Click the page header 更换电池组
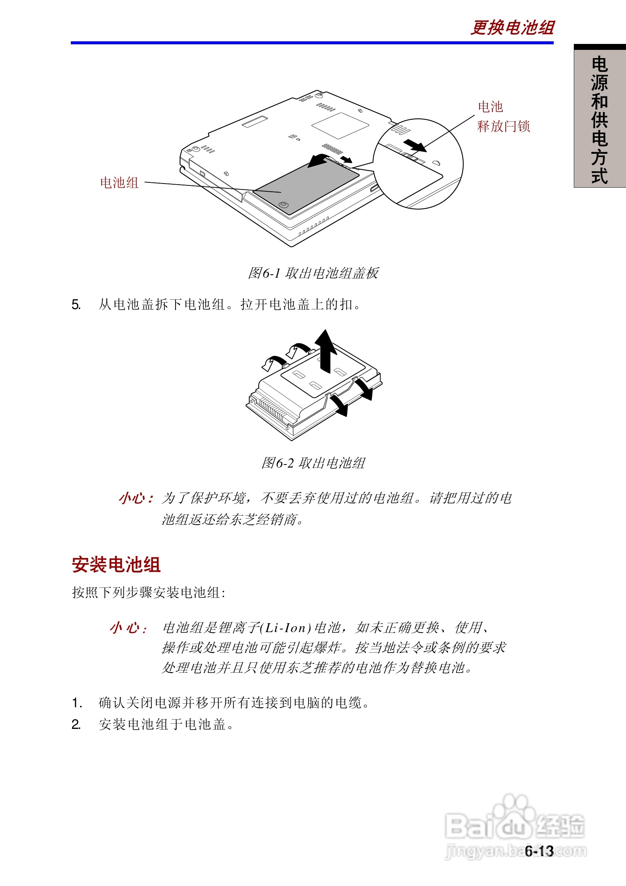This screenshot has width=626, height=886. tap(512, 28)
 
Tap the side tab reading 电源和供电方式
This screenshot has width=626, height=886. tap(599, 119)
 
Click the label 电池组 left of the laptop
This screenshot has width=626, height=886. tap(119, 182)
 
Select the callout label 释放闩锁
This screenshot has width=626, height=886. tap(503, 126)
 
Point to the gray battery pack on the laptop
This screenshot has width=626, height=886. tap(305, 185)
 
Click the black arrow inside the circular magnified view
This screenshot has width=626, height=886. tap(415, 146)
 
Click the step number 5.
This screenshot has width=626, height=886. tap(76, 305)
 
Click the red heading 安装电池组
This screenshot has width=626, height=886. tap(116, 565)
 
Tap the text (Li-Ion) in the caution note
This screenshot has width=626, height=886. tap(286, 628)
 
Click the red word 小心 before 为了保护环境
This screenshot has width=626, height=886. tap(136, 498)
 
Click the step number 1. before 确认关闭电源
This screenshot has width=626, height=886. tap(77, 703)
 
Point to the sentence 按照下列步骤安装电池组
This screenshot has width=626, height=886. tap(149, 593)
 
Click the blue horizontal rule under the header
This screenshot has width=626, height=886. tap(312, 43)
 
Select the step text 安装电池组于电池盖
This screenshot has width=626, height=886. tap(166, 724)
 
